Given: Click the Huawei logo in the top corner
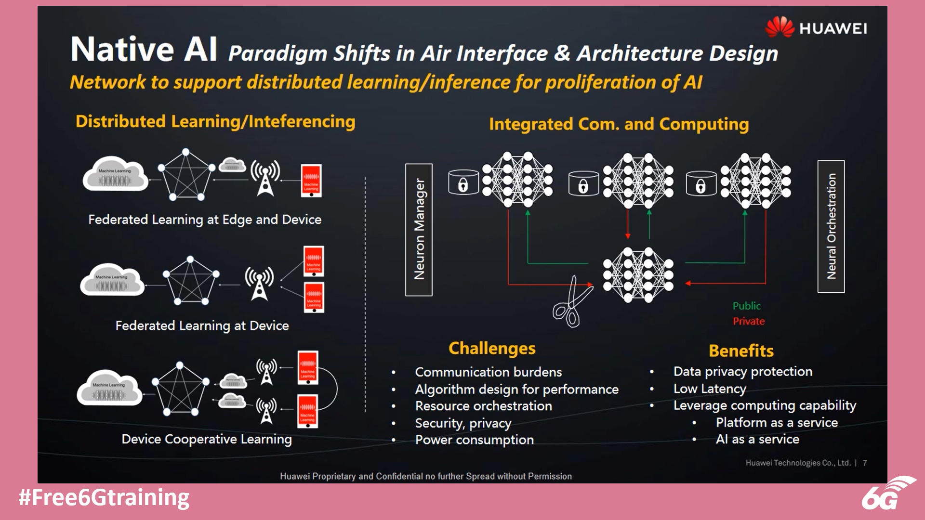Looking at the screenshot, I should click(816, 27).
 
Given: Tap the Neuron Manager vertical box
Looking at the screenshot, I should click(419, 230).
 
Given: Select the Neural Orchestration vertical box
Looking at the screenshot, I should click(831, 226).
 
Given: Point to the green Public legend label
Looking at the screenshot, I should click(746, 306).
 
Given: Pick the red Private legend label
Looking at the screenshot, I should click(749, 321).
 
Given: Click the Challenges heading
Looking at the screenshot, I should click(492, 348).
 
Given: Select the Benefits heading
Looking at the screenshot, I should click(741, 351).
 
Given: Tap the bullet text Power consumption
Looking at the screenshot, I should click(474, 440).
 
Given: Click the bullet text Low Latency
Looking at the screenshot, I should click(709, 389).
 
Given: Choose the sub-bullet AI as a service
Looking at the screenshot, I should click(757, 439).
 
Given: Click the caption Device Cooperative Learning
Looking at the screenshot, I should click(207, 439).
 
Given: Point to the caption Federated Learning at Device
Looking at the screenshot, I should click(202, 326).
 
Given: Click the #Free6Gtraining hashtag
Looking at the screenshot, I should click(104, 497).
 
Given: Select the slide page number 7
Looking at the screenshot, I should click(865, 463).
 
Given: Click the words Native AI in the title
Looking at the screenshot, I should click(144, 50).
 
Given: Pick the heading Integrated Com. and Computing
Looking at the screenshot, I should click(619, 124).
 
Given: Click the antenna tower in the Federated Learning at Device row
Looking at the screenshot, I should click(259, 284).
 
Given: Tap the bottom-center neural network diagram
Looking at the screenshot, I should click(638, 275).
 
